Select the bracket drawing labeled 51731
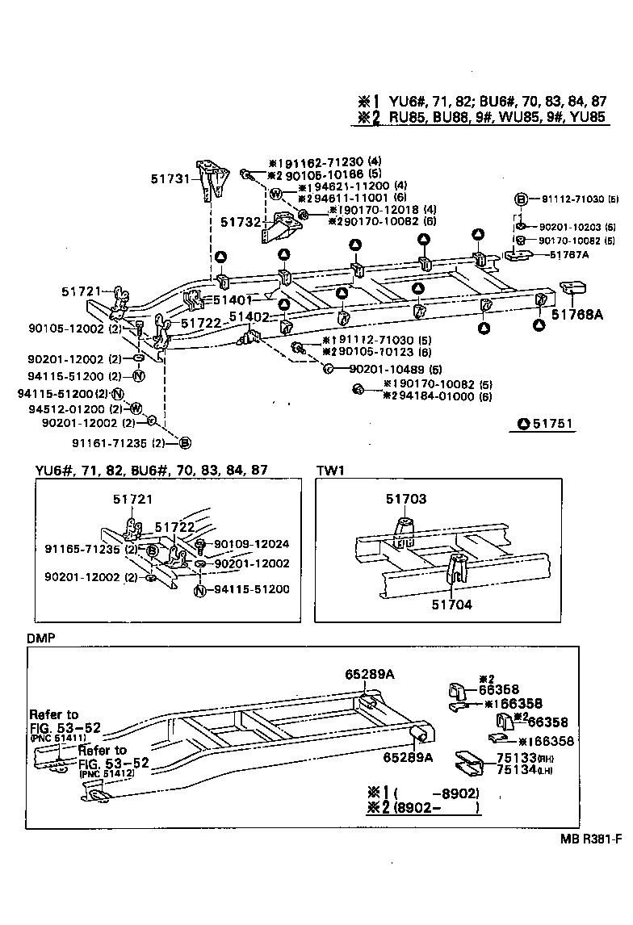pyautogui.click(x=212, y=182)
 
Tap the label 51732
pyautogui.click(x=240, y=220)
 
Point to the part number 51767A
pyautogui.click(x=569, y=254)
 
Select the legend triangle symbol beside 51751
pyautogui.click(x=523, y=424)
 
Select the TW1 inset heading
pyautogui.click(x=329, y=469)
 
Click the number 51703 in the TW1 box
pyautogui.click(x=405, y=500)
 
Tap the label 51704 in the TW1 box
pyautogui.click(x=452, y=603)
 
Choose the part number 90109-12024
pyautogui.click(x=250, y=545)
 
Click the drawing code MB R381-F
pyautogui.click(x=591, y=839)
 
